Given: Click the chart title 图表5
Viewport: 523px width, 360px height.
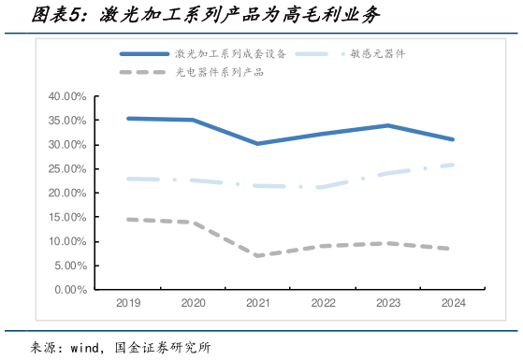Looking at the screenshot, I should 57,16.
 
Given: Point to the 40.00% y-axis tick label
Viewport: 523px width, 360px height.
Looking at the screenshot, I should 66,96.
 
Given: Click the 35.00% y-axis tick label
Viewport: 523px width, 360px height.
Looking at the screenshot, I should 66,121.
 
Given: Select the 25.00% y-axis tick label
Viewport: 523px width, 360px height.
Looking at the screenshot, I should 66,169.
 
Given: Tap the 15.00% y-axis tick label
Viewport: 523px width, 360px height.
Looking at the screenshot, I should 66,217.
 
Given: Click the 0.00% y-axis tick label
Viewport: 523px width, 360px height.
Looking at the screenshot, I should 69,290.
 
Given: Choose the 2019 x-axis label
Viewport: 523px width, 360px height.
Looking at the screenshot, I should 128,304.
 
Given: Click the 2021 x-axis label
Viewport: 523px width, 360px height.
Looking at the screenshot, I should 258,304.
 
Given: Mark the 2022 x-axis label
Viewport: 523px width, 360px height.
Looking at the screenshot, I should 323,304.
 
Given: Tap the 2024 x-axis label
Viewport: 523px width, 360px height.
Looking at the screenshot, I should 453,304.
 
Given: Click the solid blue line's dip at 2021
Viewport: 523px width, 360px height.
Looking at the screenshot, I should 258,144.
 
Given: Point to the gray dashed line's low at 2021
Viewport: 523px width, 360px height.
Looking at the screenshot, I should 258,255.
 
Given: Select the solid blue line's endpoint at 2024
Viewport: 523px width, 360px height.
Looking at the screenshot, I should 453,139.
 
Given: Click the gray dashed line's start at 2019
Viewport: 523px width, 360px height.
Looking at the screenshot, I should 128,219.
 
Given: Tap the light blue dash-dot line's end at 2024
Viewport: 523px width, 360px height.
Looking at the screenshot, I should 453,165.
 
